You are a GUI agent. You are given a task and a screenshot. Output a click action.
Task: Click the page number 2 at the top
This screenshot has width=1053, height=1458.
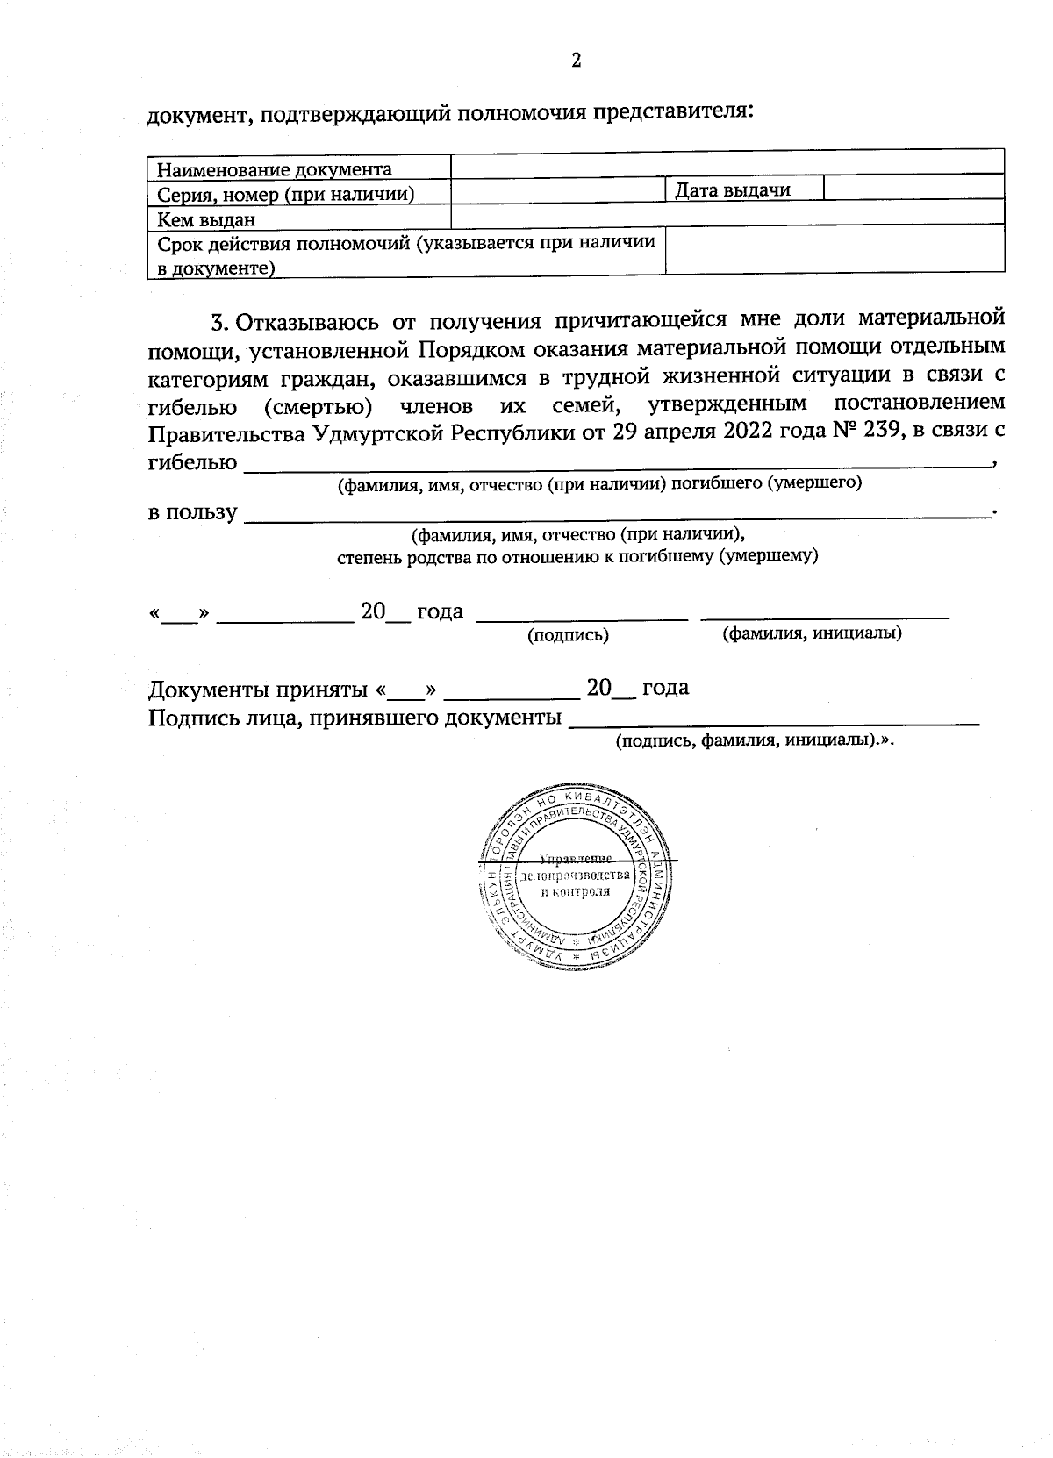click(x=576, y=61)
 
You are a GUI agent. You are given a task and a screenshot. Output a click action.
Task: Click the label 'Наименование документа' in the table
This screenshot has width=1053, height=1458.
click(x=275, y=168)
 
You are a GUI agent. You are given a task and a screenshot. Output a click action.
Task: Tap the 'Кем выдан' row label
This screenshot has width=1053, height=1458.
click(x=206, y=218)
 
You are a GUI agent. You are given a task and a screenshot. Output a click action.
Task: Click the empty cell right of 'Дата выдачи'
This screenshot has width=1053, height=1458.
click(x=913, y=188)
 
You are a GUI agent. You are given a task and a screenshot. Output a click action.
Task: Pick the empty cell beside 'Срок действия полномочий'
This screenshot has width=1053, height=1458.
click(x=835, y=251)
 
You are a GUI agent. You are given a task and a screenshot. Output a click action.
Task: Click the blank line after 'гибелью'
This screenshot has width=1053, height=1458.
click(x=614, y=465)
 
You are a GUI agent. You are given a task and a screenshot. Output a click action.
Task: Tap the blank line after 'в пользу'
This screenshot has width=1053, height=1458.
click(x=614, y=517)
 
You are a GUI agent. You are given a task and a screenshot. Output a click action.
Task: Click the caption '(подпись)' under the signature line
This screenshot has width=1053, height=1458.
click(x=567, y=635)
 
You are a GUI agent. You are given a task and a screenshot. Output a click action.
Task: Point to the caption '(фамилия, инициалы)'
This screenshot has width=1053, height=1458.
click(x=812, y=633)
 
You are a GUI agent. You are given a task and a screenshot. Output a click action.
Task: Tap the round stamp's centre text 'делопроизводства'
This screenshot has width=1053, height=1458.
click(x=575, y=876)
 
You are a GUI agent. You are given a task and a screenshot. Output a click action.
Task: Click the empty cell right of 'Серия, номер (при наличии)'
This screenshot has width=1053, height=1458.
click(x=557, y=190)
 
